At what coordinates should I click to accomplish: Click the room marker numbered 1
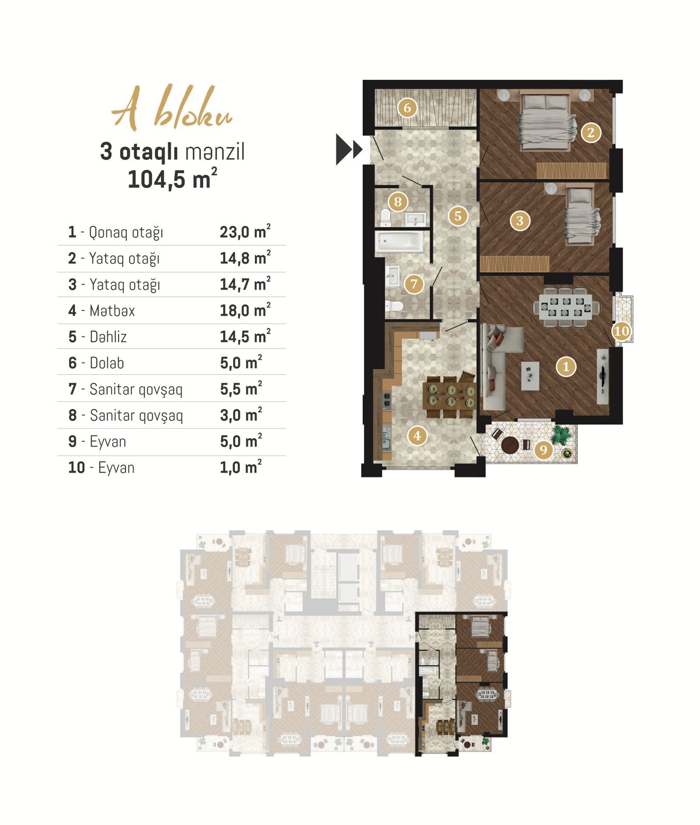566,367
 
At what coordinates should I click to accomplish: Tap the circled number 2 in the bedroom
591,133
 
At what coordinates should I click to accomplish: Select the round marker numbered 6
408,108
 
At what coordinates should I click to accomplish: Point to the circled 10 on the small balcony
622,331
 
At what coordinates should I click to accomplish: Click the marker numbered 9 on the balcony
543,450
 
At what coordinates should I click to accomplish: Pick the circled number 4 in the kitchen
417,436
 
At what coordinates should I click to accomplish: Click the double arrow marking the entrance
349,150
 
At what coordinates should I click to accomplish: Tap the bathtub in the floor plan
399,241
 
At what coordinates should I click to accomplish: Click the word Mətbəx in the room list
112,310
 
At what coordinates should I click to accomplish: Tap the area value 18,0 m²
245,310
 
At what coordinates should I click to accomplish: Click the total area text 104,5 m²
172,178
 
